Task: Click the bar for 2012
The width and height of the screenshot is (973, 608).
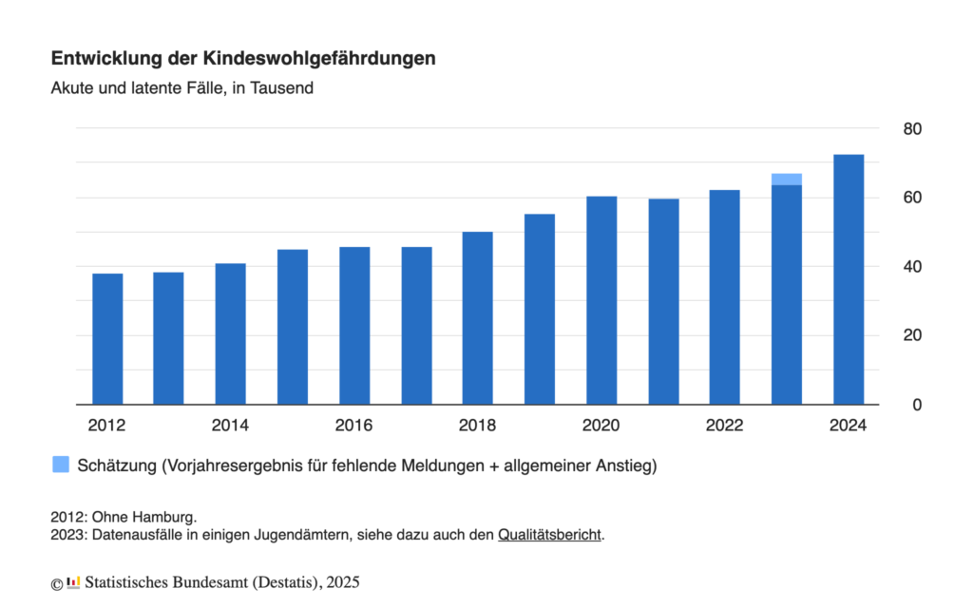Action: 107,339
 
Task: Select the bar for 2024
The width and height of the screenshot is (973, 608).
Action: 849,279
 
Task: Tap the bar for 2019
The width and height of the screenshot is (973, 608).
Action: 540,310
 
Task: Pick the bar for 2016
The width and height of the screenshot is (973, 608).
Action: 354,326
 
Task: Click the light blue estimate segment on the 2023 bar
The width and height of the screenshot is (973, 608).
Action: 787,180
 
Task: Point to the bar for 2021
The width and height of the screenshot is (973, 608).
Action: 663,302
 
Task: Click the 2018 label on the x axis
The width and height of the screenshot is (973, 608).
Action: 477,426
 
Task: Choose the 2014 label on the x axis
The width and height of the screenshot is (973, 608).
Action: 230,426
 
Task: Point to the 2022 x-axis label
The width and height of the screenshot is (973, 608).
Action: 724,426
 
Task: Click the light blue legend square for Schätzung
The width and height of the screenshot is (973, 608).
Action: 61,465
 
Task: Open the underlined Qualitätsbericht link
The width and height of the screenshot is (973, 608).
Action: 550,535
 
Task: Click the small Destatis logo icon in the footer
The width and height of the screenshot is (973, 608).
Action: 73,581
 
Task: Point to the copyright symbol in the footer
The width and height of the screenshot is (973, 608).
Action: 57,582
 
